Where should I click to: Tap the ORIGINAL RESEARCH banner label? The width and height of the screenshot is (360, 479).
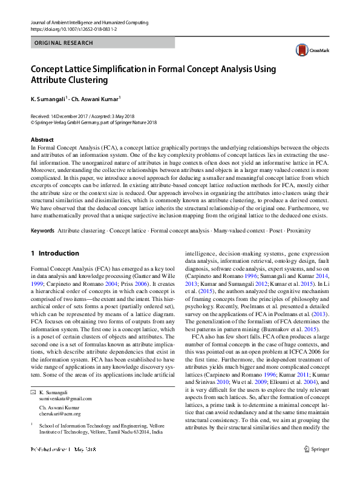click(64, 43)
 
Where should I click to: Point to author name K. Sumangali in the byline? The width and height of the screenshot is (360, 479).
click(48, 99)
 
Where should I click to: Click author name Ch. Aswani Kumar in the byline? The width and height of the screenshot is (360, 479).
click(94, 99)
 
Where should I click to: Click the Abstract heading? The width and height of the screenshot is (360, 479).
click(41, 139)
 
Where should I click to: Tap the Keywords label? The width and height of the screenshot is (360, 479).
click(42, 231)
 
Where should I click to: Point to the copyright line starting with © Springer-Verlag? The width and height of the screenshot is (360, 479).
click(93, 121)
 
